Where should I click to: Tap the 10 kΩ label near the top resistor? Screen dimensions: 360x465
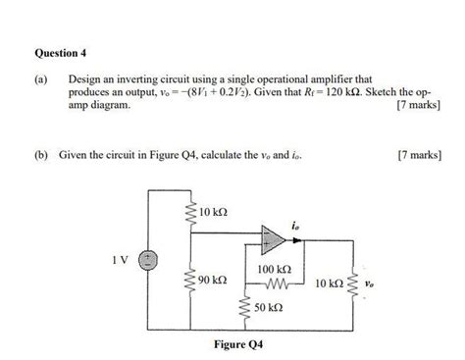(x=212, y=213)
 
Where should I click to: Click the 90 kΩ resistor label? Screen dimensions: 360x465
(x=212, y=280)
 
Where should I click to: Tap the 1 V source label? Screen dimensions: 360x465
(x=121, y=260)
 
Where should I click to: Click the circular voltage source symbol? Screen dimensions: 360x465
(x=146, y=260)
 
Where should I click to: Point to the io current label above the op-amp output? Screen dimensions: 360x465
(x=294, y=222)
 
